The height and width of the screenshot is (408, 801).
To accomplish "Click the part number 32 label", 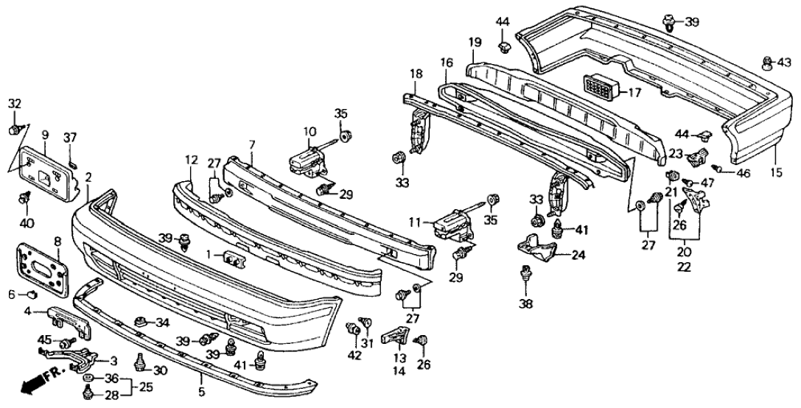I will point(15,104).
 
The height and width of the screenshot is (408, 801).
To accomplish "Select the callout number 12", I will point(192,160).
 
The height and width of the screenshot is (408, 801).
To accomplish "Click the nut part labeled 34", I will point(139,321).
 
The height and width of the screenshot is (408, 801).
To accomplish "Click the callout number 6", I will point(12,295).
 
